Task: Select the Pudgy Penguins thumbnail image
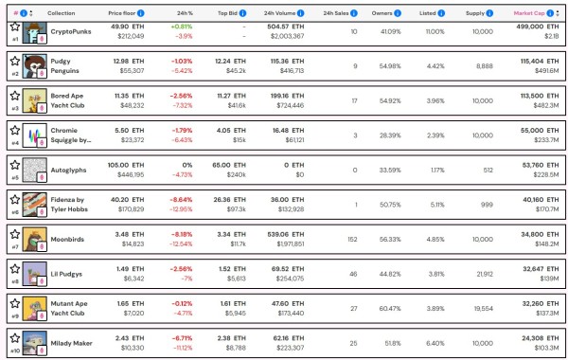(34, 67)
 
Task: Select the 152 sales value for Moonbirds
(352, 239)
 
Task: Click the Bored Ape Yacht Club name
(78, 101)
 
